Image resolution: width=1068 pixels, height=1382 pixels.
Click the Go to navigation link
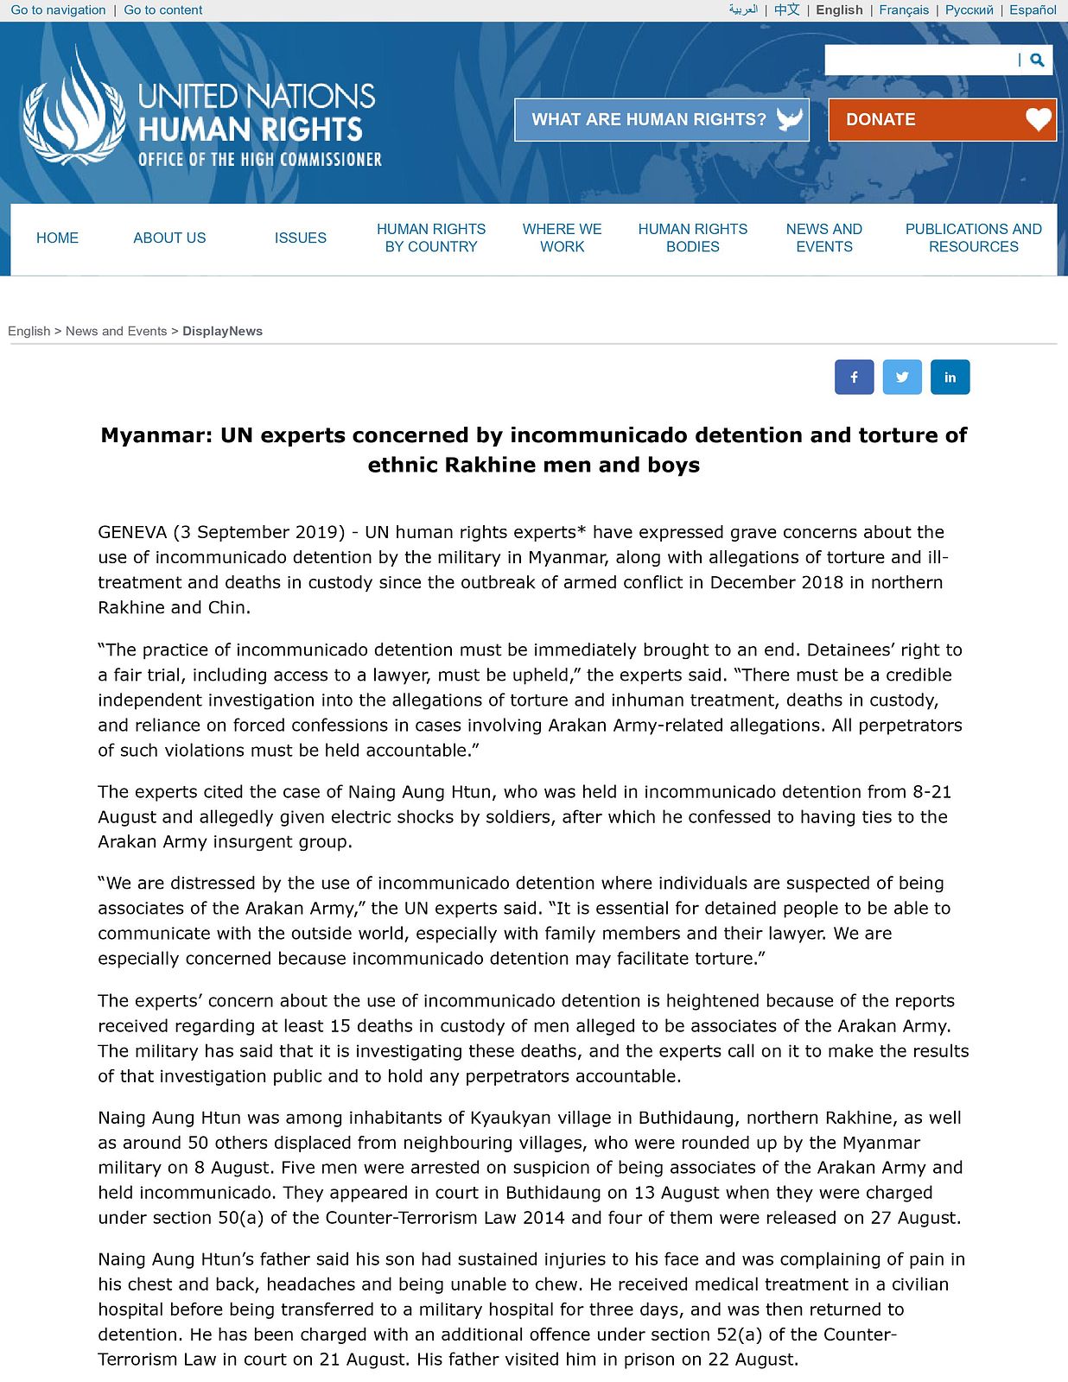58,10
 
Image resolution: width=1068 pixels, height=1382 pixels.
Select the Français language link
904,10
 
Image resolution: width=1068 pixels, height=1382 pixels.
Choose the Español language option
1033,10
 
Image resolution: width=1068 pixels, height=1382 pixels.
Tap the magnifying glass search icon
1037,60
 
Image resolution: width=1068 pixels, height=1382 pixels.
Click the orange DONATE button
942,120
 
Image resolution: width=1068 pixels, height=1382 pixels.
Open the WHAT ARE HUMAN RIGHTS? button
661,120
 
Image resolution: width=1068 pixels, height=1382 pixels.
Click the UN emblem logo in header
73,108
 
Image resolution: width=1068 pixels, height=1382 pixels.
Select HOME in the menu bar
57,238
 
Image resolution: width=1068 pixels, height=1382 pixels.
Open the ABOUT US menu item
169,238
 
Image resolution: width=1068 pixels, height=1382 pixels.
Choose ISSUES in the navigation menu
300,238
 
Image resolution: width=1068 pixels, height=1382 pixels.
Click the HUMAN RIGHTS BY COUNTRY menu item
431,238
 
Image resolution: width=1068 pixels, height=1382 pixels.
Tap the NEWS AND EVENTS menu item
823,238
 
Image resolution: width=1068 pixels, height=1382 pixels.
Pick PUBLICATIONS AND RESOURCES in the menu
973,238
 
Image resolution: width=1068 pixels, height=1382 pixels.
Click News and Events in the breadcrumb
116,332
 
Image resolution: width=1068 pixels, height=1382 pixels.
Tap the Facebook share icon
854,377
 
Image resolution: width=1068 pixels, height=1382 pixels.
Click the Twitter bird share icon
902,377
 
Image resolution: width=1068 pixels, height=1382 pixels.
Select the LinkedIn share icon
950,377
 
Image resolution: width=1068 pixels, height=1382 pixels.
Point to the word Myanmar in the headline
156,435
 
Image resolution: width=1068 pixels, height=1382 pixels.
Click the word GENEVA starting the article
132,533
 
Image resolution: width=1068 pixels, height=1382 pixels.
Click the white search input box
920,60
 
